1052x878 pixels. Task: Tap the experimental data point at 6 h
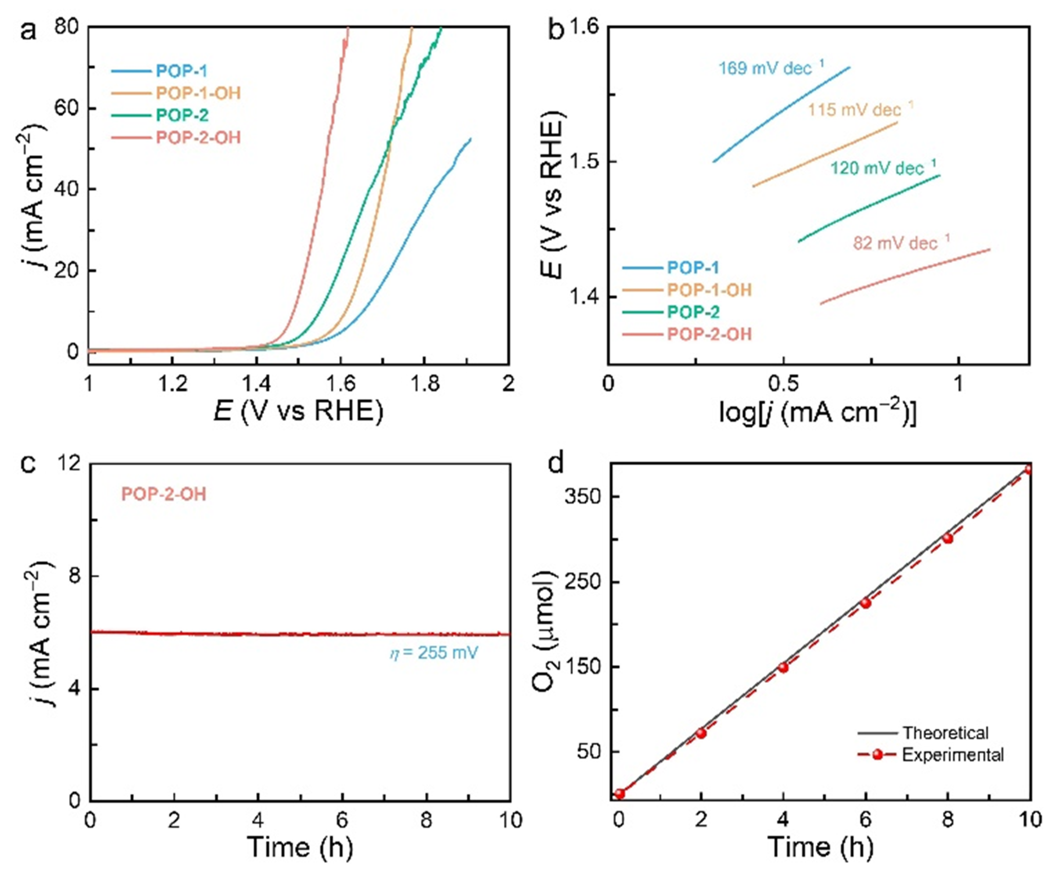866,603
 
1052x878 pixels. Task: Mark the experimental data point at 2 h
701,733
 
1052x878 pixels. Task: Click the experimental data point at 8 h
948,538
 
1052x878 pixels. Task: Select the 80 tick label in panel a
67,27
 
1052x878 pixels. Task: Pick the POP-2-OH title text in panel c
163,494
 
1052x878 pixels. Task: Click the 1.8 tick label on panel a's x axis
424,384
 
